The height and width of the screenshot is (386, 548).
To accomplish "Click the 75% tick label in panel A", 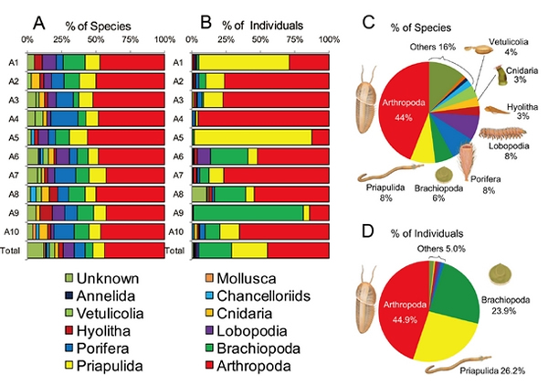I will point(130,39).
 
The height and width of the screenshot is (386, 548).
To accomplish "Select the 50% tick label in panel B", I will point(259,39).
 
